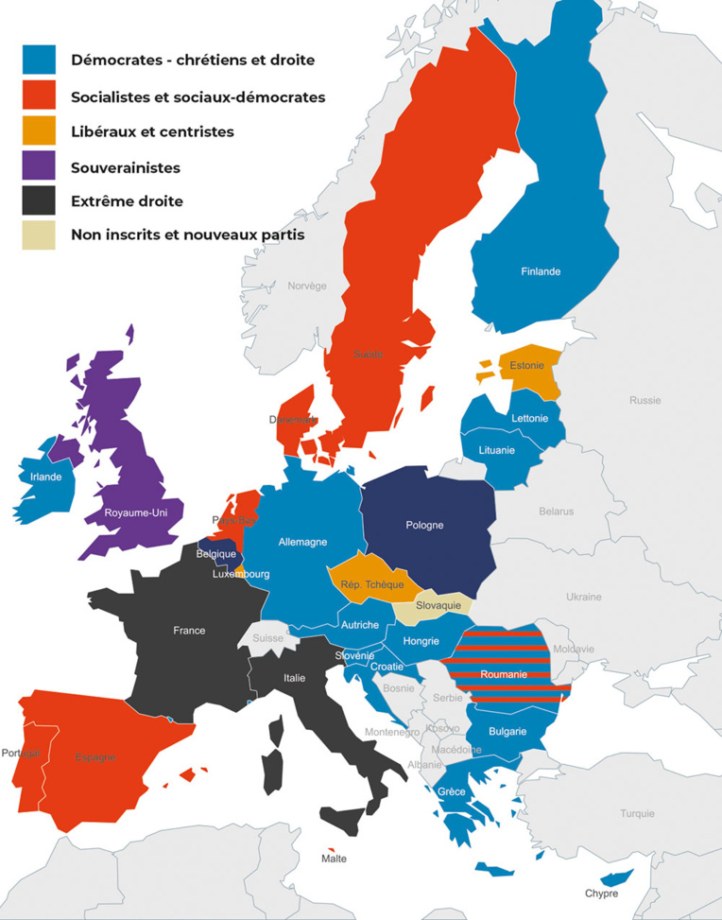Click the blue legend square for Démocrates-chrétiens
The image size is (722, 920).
pyautogui.click(x=40, y=60)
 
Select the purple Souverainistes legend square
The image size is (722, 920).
pyautogui.click(x=40, y=167)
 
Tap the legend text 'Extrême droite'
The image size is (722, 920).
pyautogui.click(x=127, y=201)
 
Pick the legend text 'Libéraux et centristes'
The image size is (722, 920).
pyautogui.click(x=152, y=131)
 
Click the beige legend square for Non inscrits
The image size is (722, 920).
pyautogui.click(x=40, y=235)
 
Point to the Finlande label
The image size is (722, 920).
pyautogui.click(x=541, y=271)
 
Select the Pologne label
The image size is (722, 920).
pyautogui.click(x=424, y=525)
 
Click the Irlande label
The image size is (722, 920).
pyautogui.click(x=45, y=477)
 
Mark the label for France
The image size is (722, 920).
pyautogui.click(x=189, y=631)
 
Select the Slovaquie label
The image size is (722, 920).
pyautogui.click(x=438, y=605)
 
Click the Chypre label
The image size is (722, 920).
pyautogui.click(x=601, y=894)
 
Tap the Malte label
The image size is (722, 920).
pyautogui.click(x=334, y=859)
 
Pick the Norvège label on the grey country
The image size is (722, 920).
pyautogui.click(x=306, y=286)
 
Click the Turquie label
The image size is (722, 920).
pyautogui.click(x=637, y=813)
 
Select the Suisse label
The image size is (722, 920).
pyautogui.click(x=267, y=638)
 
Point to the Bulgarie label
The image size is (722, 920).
pyautogui.click(x=508, y=731)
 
